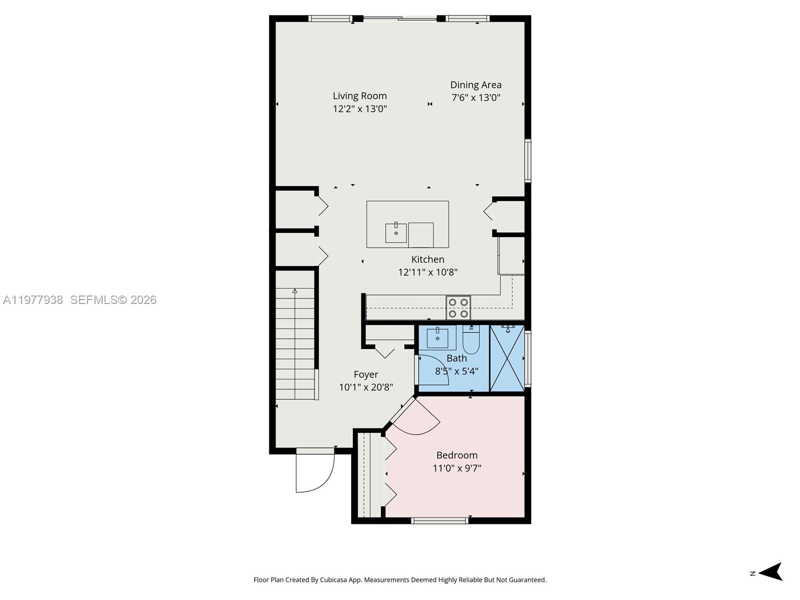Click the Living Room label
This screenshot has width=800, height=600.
click(x=359, y=96)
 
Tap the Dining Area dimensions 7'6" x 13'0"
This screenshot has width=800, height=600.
click(x=475, y=98)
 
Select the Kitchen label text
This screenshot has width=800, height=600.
click(x=427, y=259)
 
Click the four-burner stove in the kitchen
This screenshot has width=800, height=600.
click(x=458, y=307)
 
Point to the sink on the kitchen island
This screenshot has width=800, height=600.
click(x=395, y=232)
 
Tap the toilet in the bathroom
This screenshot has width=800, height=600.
click(x=471, y=340)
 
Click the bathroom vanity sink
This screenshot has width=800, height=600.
click(x=437, y=337)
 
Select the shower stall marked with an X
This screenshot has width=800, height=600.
click(x=506, y=358)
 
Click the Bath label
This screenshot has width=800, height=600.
click(x=456, y=358)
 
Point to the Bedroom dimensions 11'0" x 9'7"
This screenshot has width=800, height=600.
click(x=456, y=468)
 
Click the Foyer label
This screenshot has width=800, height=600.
click(x=365, y=374)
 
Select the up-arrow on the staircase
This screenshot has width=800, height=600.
click(x=295, y=291)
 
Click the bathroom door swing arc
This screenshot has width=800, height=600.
click(x=434, y=370)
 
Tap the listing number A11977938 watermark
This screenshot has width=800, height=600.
click(x=33, y=300)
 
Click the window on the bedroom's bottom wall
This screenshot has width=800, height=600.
click(x=439, y=520)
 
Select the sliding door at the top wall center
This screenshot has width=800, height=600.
click(x=400, y=19)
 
